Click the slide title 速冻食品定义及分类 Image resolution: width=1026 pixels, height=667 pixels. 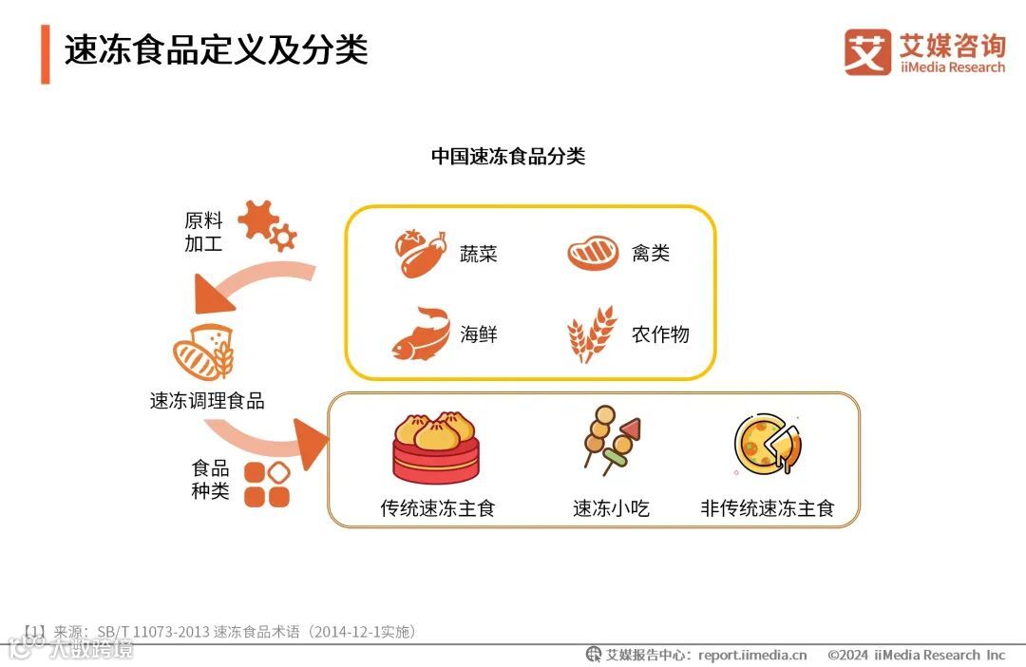[x=217, y=50]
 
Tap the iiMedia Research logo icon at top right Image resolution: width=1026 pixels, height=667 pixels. [x=867, y=52]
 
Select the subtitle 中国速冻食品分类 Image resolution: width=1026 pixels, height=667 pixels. [x=508, y=157]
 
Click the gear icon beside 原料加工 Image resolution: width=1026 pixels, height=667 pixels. [x=266, y=224]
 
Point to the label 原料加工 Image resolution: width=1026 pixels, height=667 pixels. [x=203, y=232]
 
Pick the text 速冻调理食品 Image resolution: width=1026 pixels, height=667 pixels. [x=207, y=401]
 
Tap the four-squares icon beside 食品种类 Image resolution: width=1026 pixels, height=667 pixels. [x=267, y=484]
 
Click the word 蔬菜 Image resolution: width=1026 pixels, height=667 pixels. [x=478, y=254]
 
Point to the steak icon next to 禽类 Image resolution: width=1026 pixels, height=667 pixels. [x=593, y=254]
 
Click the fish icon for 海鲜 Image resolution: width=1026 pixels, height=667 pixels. [x=420, y=333]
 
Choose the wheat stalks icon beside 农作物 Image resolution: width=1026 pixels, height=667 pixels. [x=591, y=334]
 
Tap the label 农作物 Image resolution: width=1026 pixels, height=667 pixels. [x=660, y=334]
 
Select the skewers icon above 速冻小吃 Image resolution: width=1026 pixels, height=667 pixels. [x=610, y=440]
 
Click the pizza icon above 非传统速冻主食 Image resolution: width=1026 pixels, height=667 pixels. [x=767, y=444]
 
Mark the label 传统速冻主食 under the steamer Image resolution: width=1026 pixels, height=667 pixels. [x=438, y=508]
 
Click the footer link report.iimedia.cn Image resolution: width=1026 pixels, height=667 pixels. [x=751, y=655]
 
